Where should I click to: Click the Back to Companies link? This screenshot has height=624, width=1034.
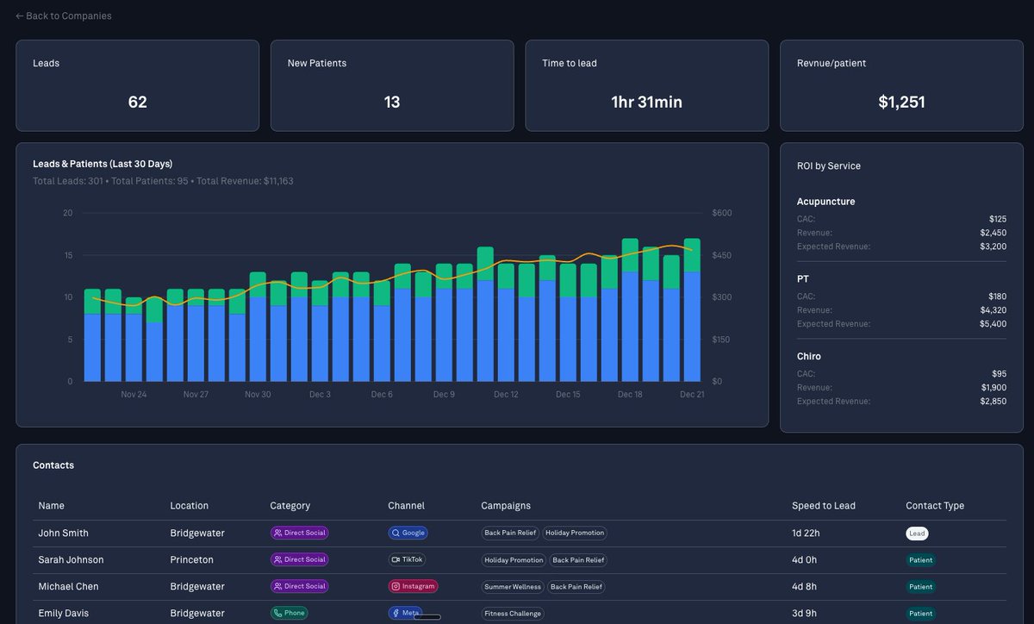[64, 16]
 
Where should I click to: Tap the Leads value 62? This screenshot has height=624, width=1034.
[137, 102]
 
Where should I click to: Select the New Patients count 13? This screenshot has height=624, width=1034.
[392, 102]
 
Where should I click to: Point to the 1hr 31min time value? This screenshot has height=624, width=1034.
[646, 102]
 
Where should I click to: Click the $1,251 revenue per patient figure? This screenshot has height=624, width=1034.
[901, 102]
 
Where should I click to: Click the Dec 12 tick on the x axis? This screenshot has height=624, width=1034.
[506, 395]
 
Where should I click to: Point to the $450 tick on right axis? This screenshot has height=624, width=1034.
[721, 255]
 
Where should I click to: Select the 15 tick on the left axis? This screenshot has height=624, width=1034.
[67, 255]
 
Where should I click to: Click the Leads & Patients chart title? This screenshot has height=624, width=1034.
[103, 164]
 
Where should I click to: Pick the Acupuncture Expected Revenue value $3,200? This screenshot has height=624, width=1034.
[993, 246]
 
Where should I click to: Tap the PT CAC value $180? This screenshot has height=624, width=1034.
[998, 296]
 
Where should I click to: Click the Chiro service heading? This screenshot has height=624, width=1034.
[808, 356]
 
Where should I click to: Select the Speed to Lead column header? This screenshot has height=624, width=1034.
[823, 506]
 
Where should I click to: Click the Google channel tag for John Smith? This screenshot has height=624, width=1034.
[408, 533]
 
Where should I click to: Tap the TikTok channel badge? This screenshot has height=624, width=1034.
[407, 559]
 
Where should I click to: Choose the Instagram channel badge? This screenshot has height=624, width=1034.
[413, 586]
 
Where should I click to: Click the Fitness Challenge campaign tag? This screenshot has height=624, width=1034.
[513, 614]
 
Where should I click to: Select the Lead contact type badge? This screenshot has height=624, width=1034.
[917, 534]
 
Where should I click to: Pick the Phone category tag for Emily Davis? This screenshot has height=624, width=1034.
[289, 613]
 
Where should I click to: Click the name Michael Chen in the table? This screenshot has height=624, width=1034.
[68, 586]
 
